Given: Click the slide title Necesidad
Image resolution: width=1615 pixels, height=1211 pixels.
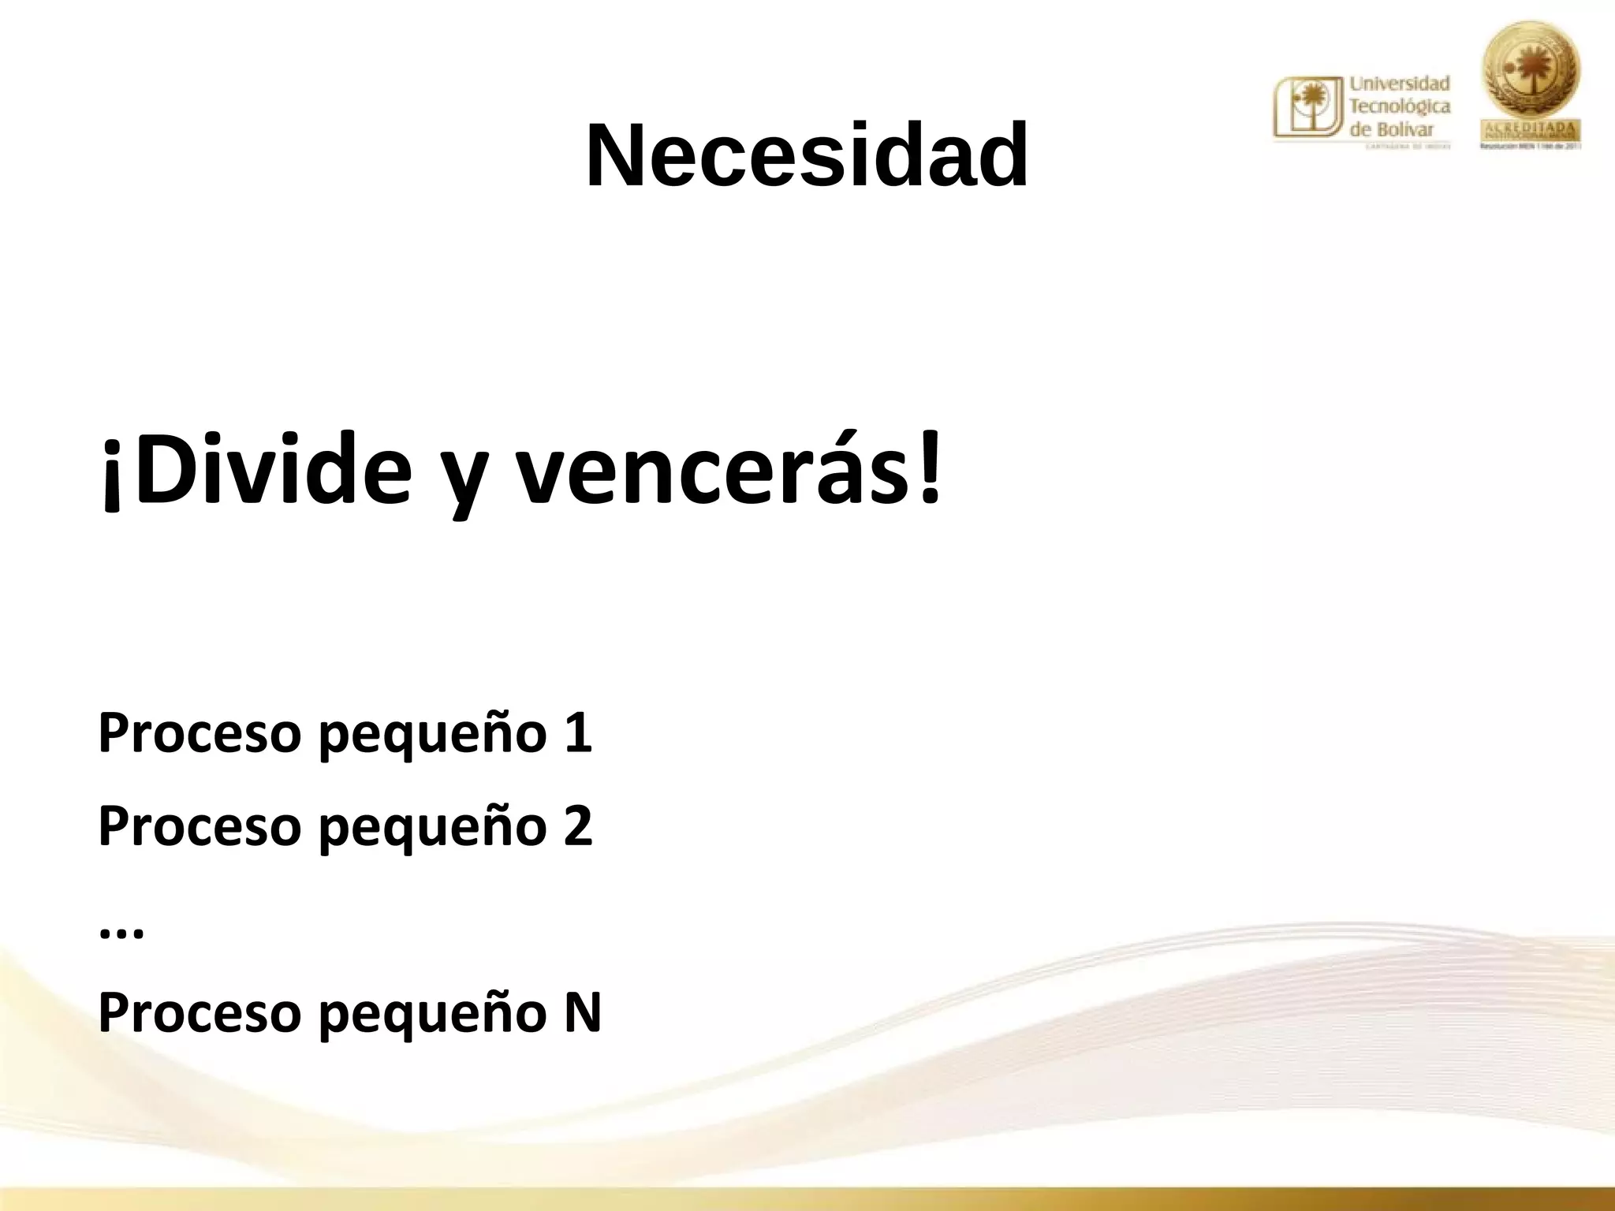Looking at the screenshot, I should (x=807, y=155).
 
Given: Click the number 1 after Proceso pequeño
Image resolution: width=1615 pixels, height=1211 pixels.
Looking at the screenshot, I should (x=578, y=732).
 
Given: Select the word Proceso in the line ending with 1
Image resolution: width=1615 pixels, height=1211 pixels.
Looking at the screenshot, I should (x=200, y=733).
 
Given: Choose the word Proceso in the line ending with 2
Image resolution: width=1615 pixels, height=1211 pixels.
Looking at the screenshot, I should (x=200, y=826).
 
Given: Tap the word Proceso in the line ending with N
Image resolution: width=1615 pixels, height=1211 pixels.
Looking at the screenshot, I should (x=200, y=1012).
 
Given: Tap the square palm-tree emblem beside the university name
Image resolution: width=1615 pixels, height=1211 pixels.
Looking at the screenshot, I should (x=1308, y=109).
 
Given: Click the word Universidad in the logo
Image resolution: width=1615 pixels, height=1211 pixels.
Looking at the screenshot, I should (x=1400, y=83).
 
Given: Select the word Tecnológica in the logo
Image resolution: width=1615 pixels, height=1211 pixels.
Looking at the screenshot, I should (x=1400, y=106).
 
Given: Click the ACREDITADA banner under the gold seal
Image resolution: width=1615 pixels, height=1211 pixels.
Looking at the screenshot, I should (x=1531, y=129).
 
